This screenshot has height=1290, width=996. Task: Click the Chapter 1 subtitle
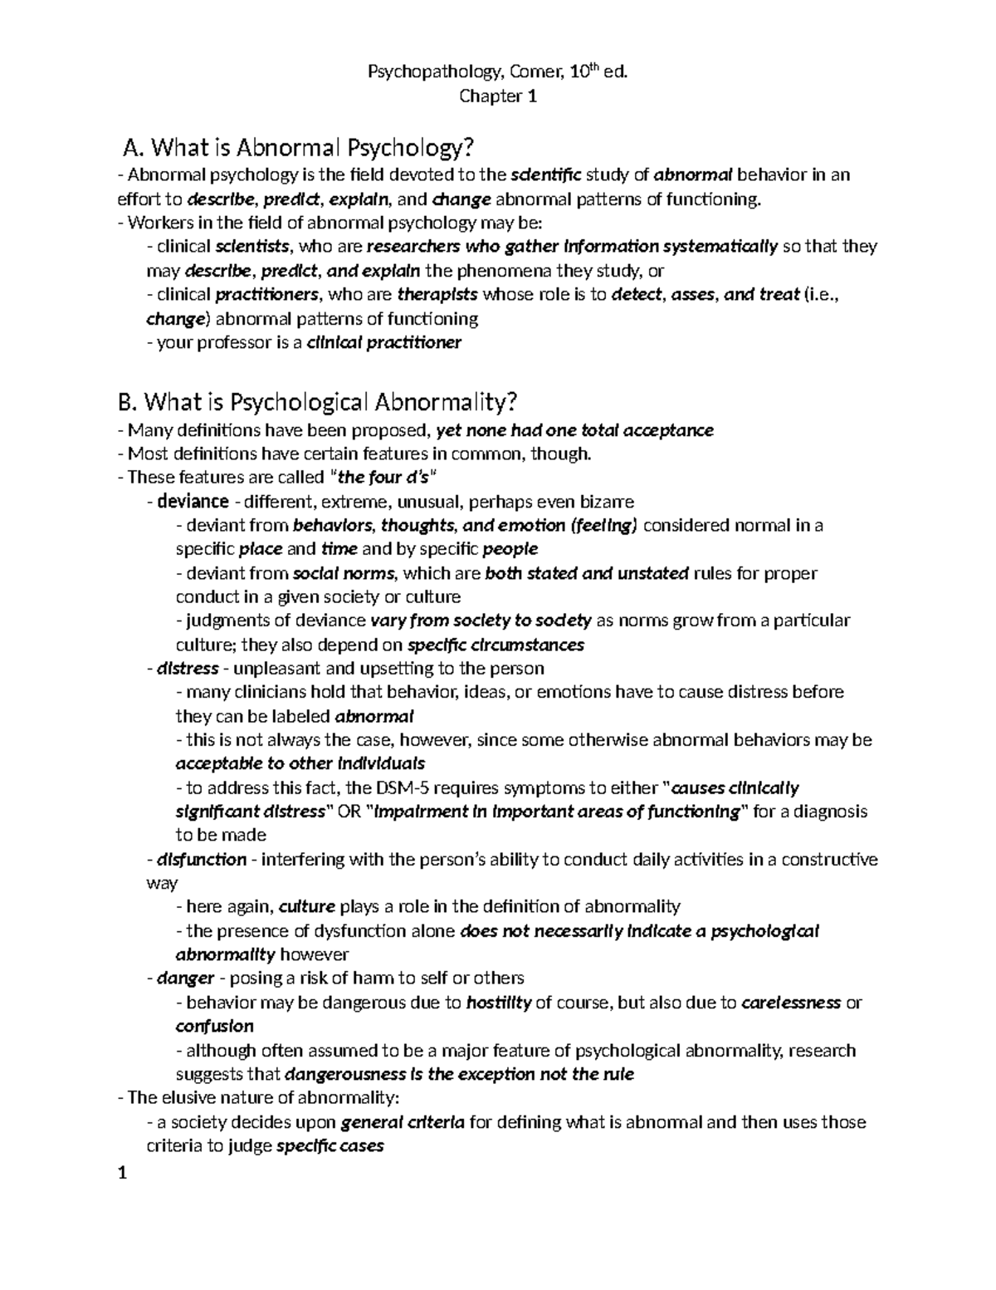498,97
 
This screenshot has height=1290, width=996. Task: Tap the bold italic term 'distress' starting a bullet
188,669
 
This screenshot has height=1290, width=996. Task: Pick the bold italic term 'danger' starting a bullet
186,979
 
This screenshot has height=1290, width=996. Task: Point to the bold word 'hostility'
499,1003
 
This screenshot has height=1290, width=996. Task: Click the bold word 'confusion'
215,1027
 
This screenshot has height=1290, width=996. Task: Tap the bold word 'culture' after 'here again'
307,906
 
